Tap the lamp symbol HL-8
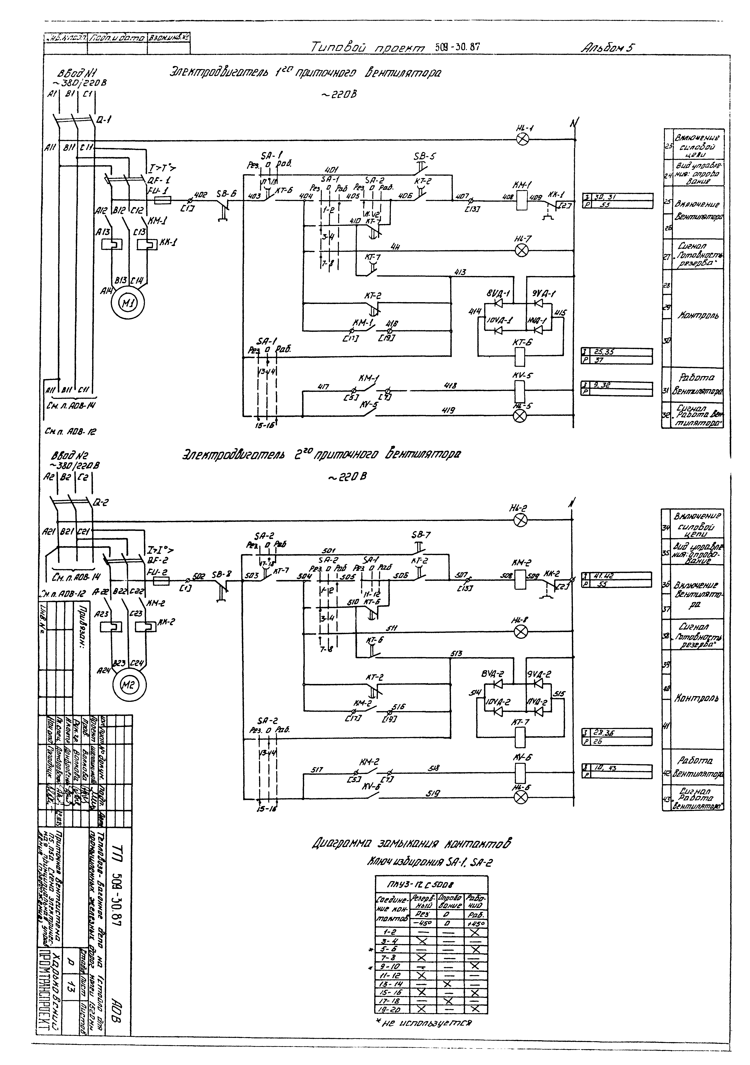point(522,631)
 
